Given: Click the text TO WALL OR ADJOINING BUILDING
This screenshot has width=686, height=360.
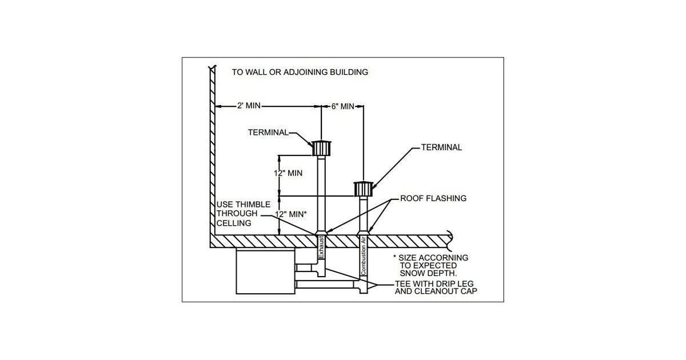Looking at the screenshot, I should coord(300,73).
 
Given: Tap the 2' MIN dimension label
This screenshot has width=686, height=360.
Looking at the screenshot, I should coord(249,106).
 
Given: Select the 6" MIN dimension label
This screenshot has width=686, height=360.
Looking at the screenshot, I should coord(343,106).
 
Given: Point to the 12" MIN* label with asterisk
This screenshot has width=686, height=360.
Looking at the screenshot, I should coord(291,214).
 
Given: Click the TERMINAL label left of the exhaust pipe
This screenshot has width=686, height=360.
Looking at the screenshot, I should coord(268,132).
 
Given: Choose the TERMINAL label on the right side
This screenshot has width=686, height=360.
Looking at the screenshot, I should coord(441,147).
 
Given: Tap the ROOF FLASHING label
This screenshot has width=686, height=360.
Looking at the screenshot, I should coord(433,199).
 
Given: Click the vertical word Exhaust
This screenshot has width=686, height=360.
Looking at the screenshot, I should coord(321,247).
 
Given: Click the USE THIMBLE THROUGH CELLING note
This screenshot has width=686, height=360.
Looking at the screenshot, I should coord(236,214).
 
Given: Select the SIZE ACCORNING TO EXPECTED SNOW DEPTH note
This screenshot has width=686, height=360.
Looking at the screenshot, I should coord(430,266).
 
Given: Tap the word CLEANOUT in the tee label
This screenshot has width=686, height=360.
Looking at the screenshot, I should coord(437,291).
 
